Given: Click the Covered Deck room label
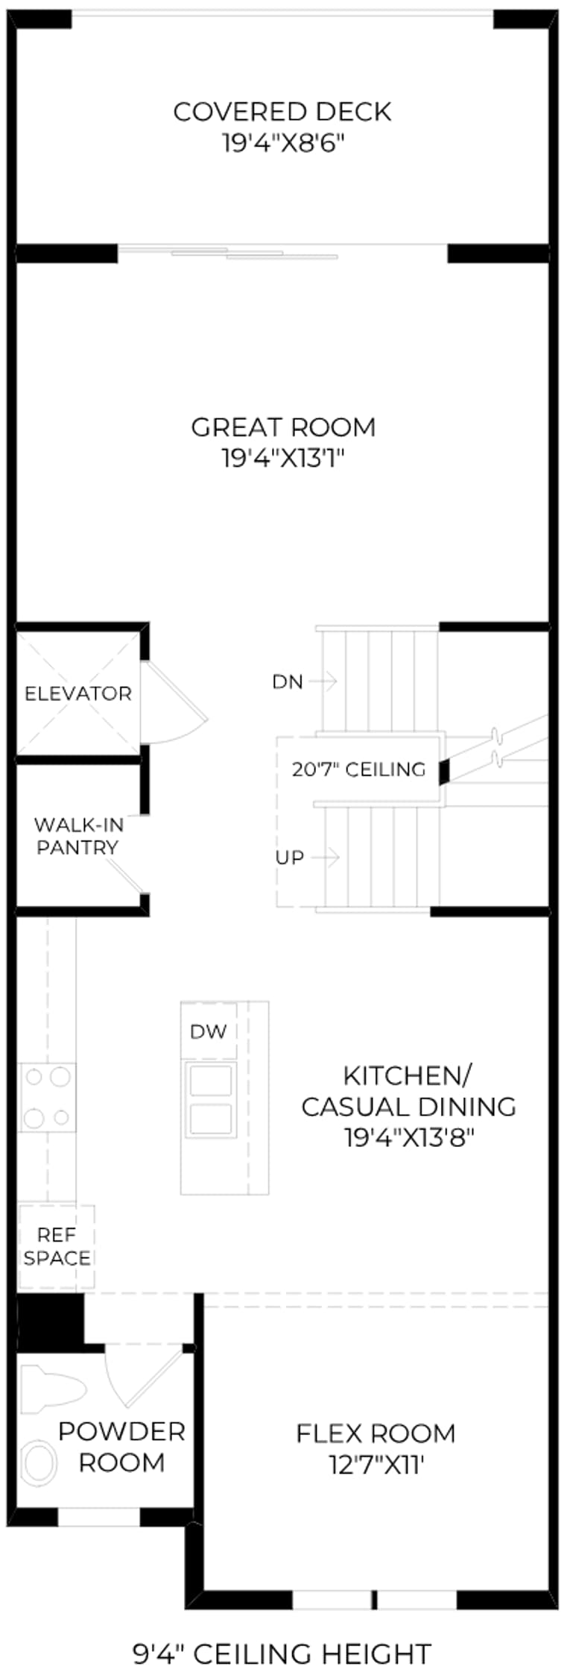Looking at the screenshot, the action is coord(282,112).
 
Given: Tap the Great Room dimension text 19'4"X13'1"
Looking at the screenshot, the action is coord(283,458).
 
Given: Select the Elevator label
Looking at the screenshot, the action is coord(78,694).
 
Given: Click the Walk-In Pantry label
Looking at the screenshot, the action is coord(78,836).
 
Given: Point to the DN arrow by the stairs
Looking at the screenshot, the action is coord(323,680).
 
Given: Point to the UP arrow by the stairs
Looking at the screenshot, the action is coord(326,857).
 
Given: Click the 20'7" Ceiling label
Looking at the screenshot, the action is coord(358,769).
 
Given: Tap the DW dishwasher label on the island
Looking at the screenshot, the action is coord(209,1031).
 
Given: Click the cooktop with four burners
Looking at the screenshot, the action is coord(47,1097).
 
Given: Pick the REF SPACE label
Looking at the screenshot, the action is coord(57,1246).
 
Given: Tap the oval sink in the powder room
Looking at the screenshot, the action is coord(39,1461).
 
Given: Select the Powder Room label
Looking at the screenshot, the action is coord(121,1447).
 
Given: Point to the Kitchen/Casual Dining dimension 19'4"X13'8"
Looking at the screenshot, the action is coord(409,1137).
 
